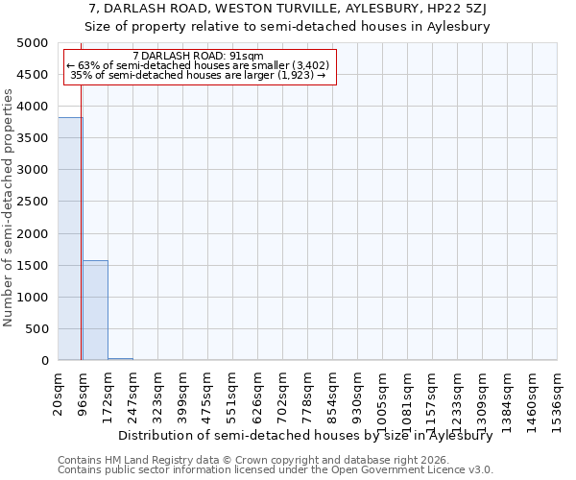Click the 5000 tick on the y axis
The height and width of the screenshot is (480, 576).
[x=33, y=43]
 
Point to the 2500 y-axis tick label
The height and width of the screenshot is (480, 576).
[x=33, y=202]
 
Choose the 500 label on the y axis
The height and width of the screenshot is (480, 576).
[x=36, y=329]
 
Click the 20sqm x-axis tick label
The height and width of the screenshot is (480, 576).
[x=59, y=391]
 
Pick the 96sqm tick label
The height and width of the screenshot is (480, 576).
[x=84, y=391]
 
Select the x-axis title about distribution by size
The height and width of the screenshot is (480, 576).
[x=312, y=435]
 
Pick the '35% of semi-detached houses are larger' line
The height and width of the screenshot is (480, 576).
[x=200, y=75]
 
